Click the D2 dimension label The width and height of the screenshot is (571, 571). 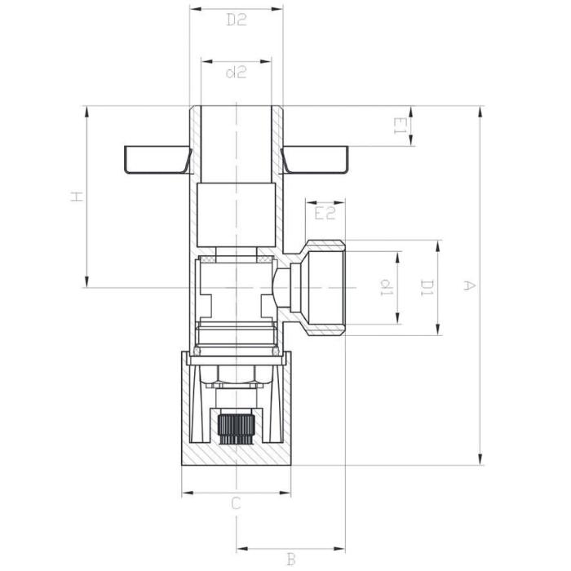click(237, 20)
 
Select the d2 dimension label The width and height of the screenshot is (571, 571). click(237, 73)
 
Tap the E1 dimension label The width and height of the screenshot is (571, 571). click(400, 126)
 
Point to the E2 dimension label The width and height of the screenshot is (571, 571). click(325, 213)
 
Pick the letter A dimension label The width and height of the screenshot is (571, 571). click(469, 285)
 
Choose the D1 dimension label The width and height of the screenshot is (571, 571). click(427, 288)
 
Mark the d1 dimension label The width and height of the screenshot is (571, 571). click(386, 287)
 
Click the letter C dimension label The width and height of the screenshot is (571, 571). click(237, 503)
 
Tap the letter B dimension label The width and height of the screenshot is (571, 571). click(290, 560)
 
